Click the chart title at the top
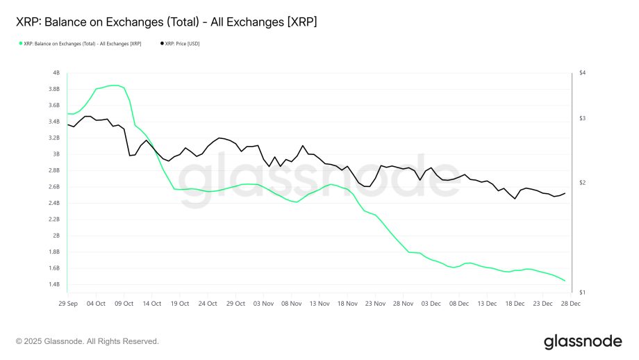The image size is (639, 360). pos(166,23)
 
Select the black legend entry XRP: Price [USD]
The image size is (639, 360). pos(180,43)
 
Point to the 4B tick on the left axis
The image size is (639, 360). pos(56,73)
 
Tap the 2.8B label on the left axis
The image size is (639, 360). pos(53,170)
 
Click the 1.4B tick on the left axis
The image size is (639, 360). pos(53,284)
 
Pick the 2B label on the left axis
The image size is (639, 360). pos(56,236)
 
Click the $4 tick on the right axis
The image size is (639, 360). pos(583,73)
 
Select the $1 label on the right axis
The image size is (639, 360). pos(583,292)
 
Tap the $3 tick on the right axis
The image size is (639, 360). pos(583,119)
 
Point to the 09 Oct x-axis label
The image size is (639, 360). pos(123,304)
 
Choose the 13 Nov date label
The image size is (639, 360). pos(319,304)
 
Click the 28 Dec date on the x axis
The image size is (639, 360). pos(571,304)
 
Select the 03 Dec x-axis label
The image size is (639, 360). pos(431,304)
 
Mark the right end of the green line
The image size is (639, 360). pos(565,281)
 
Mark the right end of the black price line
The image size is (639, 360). pos(565,193)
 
